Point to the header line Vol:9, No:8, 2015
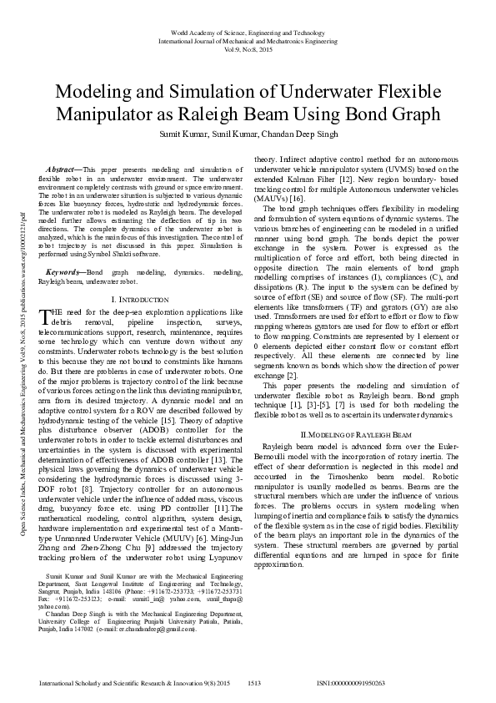click(248, 48)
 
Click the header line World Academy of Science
click(248, 31)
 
